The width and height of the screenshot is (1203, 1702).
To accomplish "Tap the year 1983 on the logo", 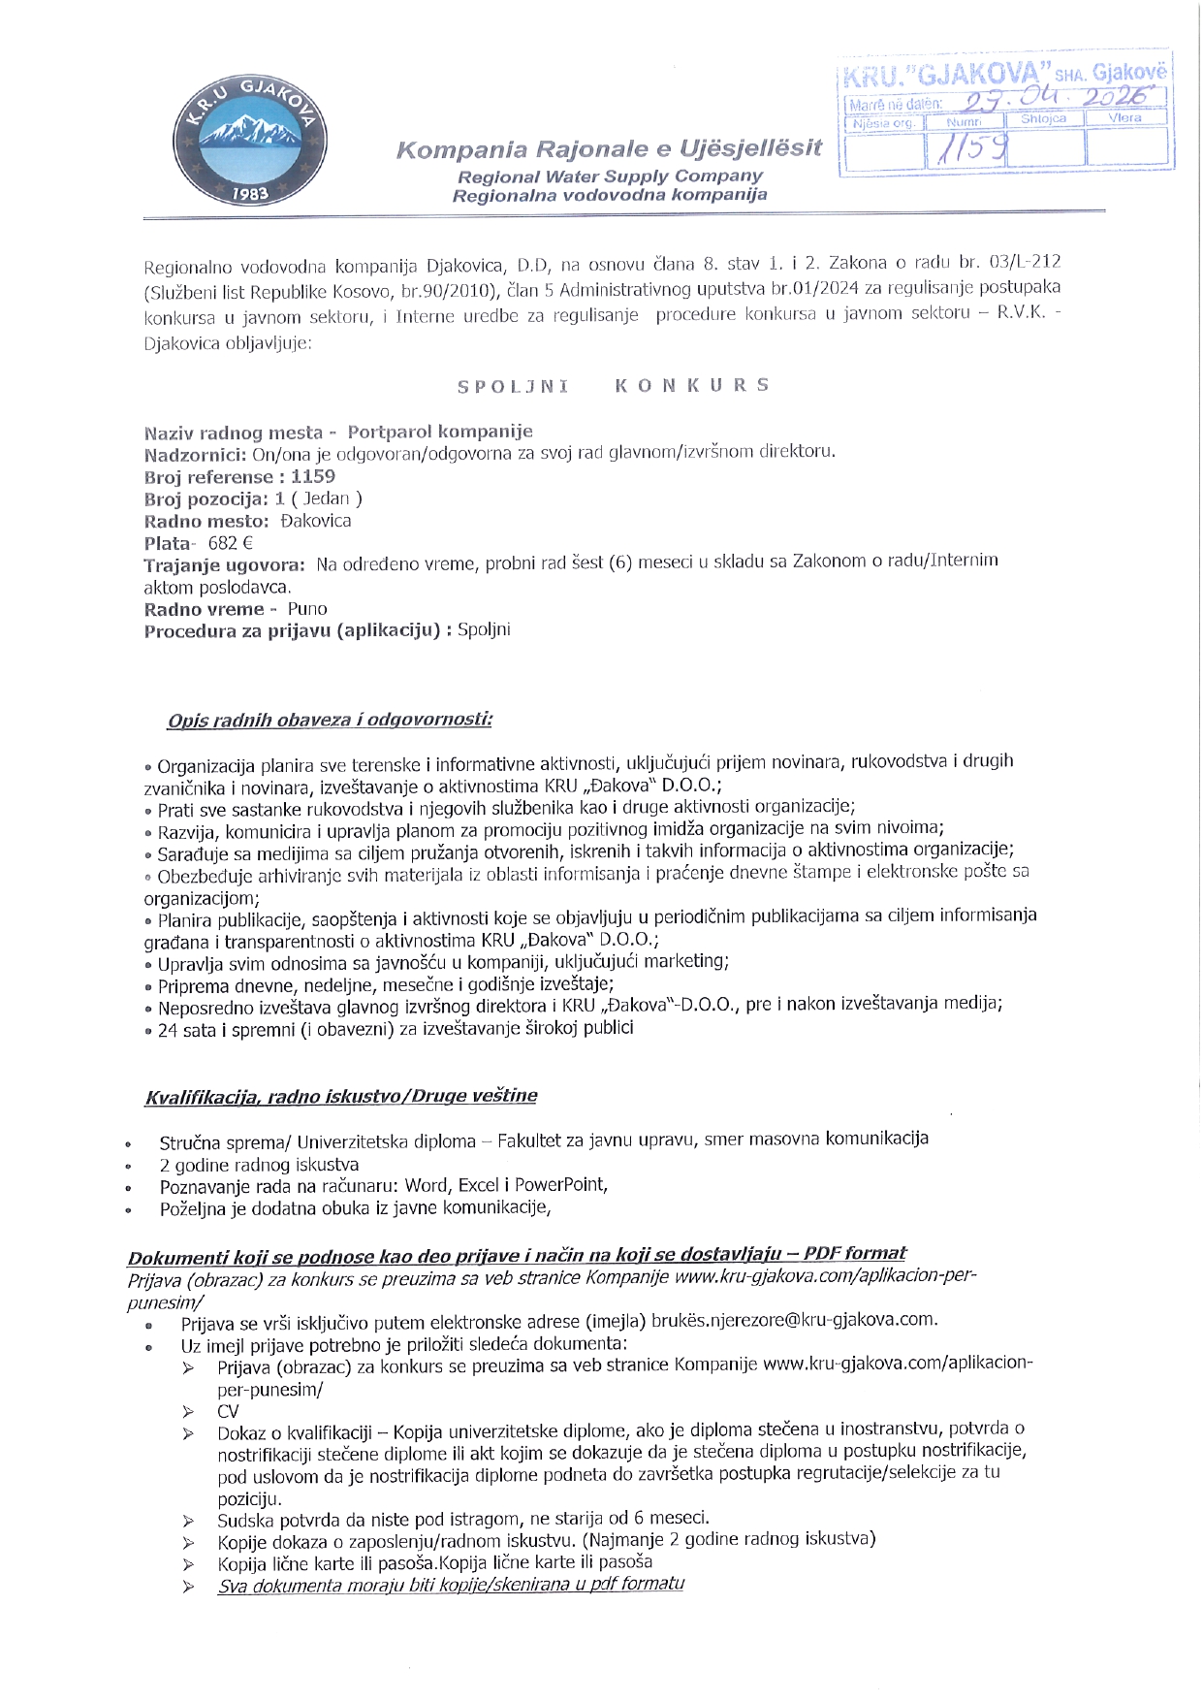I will point(250,194).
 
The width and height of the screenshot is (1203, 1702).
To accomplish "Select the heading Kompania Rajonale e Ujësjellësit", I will point(609,149).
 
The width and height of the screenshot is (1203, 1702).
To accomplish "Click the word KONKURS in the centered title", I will point(692,385).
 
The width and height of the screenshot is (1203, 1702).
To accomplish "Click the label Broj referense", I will point(208,477).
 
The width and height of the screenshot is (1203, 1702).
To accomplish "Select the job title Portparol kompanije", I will point(440,432).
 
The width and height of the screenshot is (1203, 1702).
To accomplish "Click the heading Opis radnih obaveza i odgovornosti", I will point(330,720).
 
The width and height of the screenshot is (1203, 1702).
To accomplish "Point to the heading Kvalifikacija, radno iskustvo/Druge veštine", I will point(340,1096).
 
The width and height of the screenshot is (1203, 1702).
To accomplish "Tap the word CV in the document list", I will point(228,1411).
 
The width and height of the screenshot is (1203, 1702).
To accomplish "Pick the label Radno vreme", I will point(204,609).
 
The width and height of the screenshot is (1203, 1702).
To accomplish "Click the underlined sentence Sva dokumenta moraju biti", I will point(451,1584).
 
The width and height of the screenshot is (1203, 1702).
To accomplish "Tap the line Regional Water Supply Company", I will point(610,177).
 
